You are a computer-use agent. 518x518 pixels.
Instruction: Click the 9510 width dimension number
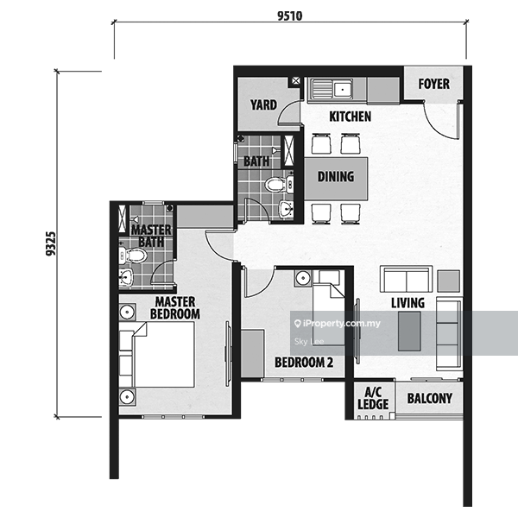(290, 16)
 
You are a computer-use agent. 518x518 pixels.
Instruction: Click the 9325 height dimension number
(51, 243)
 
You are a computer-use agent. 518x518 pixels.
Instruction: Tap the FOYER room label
(433, 84)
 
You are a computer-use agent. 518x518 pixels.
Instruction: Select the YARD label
(263, 105)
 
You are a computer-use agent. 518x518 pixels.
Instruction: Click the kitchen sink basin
(343, 89)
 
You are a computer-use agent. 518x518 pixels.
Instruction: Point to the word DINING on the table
(336, 176)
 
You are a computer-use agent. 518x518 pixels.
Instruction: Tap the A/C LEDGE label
(373, 398)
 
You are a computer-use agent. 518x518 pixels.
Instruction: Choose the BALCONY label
(429, 398)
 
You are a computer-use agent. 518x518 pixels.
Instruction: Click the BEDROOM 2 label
(304, 363)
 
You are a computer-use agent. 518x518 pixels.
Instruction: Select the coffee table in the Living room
(409, 331)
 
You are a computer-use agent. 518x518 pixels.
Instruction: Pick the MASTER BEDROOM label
(175, 308)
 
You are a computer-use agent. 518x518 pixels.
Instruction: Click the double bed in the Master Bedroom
(156, 355)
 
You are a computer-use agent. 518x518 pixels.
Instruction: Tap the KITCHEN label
(351, 117)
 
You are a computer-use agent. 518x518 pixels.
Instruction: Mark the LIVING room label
(408, 303)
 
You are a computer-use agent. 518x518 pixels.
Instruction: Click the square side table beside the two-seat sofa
(449, 281)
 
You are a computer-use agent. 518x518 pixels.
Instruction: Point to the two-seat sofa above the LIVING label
(406, 279)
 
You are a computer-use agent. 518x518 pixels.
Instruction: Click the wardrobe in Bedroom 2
(252, 353)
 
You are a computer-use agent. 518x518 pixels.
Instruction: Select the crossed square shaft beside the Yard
(296, 80)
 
